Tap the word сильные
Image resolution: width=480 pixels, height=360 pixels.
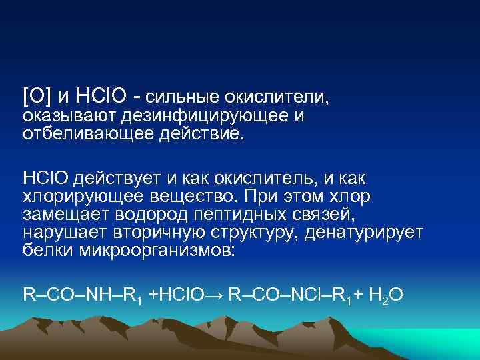tap(183, 98)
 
